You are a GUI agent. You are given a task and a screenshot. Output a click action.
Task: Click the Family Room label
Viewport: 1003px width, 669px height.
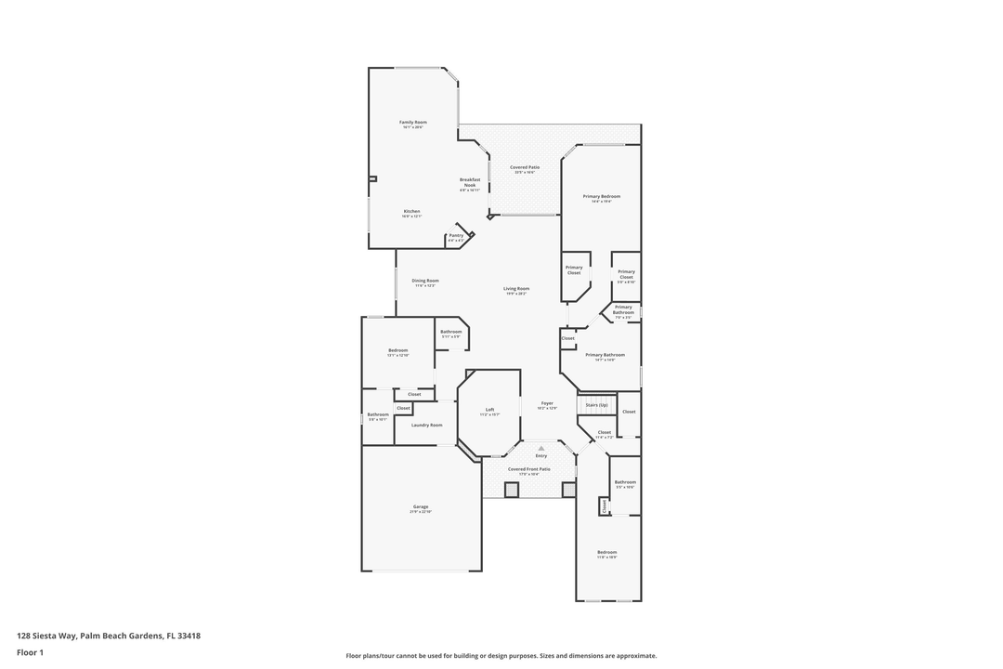pyautogui.click(x=412, y=123)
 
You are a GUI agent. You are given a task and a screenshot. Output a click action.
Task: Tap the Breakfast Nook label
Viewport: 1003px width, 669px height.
pyautogui.click(x=470, y=182)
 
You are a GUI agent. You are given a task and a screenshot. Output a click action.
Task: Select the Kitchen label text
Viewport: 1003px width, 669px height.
pyautogui.click(x=412, y=211)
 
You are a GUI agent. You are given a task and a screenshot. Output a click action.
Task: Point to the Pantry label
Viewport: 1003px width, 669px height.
pyautogui.click(x=456, y=235)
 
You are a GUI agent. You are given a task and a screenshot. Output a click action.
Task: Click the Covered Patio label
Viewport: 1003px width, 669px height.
pyautogui.click(x=525, y=167)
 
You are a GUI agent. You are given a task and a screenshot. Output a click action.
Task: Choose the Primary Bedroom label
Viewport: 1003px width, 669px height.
pyautogui.click(x=601, y=196)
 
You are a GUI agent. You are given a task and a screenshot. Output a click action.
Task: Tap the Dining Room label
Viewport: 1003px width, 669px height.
pyautogui.click(x=425, y=281)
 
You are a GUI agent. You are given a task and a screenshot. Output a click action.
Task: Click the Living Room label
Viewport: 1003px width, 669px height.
pyautogui.click(x=516, y=289)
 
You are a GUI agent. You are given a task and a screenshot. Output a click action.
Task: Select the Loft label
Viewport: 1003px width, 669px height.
pyautogui.click(x=489, y=410)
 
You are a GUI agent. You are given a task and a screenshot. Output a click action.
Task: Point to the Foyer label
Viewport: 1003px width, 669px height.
pyautogui.click(x=547, y=403)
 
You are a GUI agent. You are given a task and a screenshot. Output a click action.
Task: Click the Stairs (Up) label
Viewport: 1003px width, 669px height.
pyautogui.click(x=595, y=405)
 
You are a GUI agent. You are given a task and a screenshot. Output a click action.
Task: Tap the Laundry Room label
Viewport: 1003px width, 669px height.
pyautogui.click(x=426, y=425)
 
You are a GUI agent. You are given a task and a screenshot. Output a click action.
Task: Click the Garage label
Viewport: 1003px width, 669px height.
pyautogui.click(x=421, y=506)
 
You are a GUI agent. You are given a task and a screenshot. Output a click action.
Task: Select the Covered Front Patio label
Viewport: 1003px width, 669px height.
pyautogui.click(x=528, y=469)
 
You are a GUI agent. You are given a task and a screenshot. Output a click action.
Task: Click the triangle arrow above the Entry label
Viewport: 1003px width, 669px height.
pyautogui.click(x=541, y=448)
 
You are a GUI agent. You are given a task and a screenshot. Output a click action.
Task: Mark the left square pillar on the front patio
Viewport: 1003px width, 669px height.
pyautogui.click(x=511, y=489)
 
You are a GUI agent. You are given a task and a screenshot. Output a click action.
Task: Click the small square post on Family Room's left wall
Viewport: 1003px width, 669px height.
pyautogui.click(x=372, y=178)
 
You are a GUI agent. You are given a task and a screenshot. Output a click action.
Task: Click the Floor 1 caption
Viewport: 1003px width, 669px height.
pyautogui.click(x=30, y=652)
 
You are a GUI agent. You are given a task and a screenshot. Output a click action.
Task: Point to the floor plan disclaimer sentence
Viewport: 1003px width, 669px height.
pyautogui.click(x=501, y=655)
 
